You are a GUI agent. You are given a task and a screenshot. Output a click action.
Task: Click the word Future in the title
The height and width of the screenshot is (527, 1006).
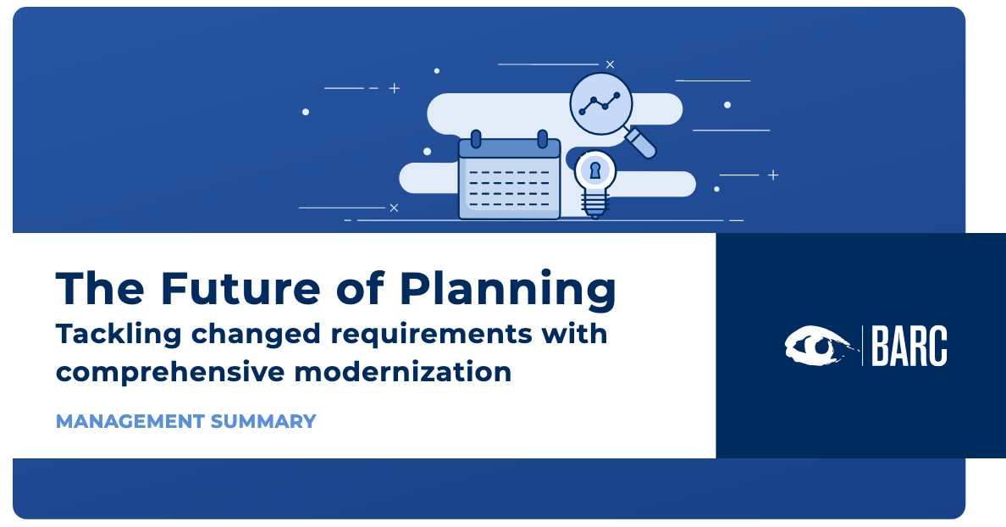click(240, 288)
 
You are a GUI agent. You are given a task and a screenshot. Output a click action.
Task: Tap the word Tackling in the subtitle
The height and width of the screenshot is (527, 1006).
click(119, 336)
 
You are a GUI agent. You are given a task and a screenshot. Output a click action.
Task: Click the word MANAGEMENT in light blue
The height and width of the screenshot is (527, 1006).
click(130, 421)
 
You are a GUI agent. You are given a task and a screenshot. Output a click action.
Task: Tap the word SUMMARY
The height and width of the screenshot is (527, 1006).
click(263, 421)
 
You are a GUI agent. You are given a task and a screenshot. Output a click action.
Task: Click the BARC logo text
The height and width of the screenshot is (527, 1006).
click(909, 346)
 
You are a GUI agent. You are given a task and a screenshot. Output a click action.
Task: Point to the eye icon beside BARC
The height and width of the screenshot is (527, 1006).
click(818, 346)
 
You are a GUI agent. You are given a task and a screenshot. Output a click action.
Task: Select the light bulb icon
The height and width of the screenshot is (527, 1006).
click(594, 184)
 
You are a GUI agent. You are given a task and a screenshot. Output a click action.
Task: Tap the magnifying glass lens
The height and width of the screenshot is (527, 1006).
click(601, 104)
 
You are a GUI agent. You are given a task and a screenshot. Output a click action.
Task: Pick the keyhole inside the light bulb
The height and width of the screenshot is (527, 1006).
click(595, 171)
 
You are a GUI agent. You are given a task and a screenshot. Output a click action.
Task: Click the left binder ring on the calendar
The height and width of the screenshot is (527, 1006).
click(476, 139)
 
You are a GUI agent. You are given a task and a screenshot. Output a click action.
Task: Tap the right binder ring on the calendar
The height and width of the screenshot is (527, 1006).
click(543, 139)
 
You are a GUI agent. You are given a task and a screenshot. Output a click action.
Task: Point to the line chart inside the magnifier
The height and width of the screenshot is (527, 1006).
click(600, 103)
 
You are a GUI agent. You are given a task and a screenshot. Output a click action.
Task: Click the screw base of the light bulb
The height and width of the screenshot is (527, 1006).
click(594, 207)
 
